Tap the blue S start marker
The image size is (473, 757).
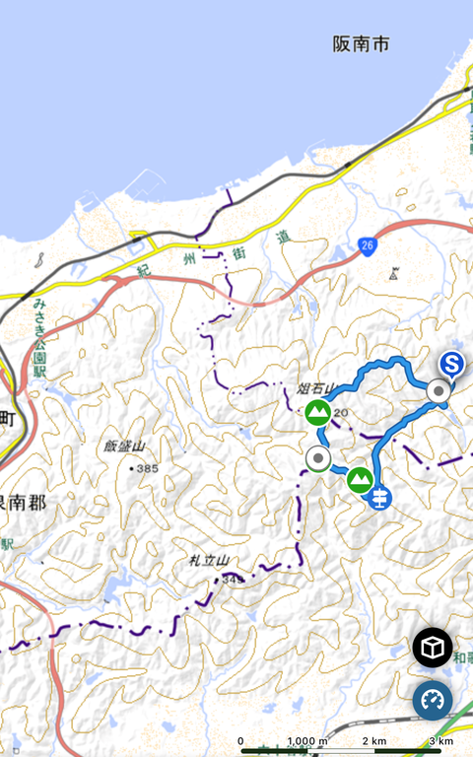click(452, 366)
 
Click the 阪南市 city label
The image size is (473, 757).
click(361, 43)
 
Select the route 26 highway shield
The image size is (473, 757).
click(368, 245)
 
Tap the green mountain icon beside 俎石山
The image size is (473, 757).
click(317, 412)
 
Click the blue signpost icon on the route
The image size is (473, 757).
click(378, 498)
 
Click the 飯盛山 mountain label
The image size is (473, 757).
click(124, 447)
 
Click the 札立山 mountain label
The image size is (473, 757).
click(209, 561)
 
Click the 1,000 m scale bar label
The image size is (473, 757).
click(307, 741)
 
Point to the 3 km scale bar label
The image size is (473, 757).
click(441, 741)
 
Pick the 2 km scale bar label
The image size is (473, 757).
click(374, 741)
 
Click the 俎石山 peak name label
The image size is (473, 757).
click(317, 387)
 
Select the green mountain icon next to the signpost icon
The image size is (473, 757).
click(359, 480)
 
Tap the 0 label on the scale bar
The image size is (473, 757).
click(240, 741)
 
